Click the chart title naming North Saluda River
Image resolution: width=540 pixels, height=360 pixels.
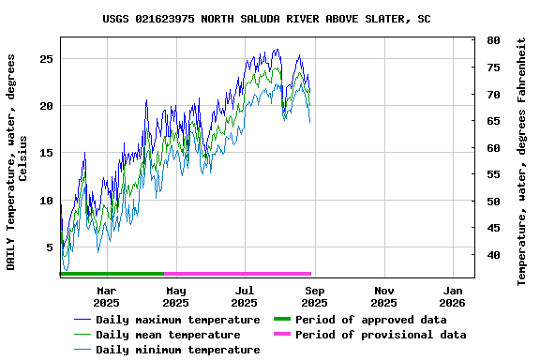pyautogui.click(x=267, y=19)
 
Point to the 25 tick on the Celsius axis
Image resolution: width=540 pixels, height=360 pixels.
pyautogui.click(x=47, y=58)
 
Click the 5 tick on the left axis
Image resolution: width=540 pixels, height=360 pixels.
pyautogui.click(x=51, y=247)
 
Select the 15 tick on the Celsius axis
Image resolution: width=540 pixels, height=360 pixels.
pyautogui.click(x=47, y=153)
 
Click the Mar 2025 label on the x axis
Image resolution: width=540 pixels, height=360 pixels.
pyautogui.click(x=106, y=296)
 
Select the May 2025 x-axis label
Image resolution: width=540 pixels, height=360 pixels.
pyautogui.click(x=175, y=296)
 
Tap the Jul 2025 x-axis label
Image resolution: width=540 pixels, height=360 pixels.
pyautogui.click(x=244, y=296)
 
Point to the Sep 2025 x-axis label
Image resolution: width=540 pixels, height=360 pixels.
pyautogui.click(x=314, y=296)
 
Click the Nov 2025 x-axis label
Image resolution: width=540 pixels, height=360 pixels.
pyautogui.click(x=383, y=296)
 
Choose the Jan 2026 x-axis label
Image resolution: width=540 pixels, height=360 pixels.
pyautogui.click(x=452, y=296)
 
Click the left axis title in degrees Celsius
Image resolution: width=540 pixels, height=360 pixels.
pyautogui.click(x=17, y=161)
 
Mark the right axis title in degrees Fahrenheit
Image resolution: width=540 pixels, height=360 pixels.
pyautogui.click(x=522, y=161)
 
